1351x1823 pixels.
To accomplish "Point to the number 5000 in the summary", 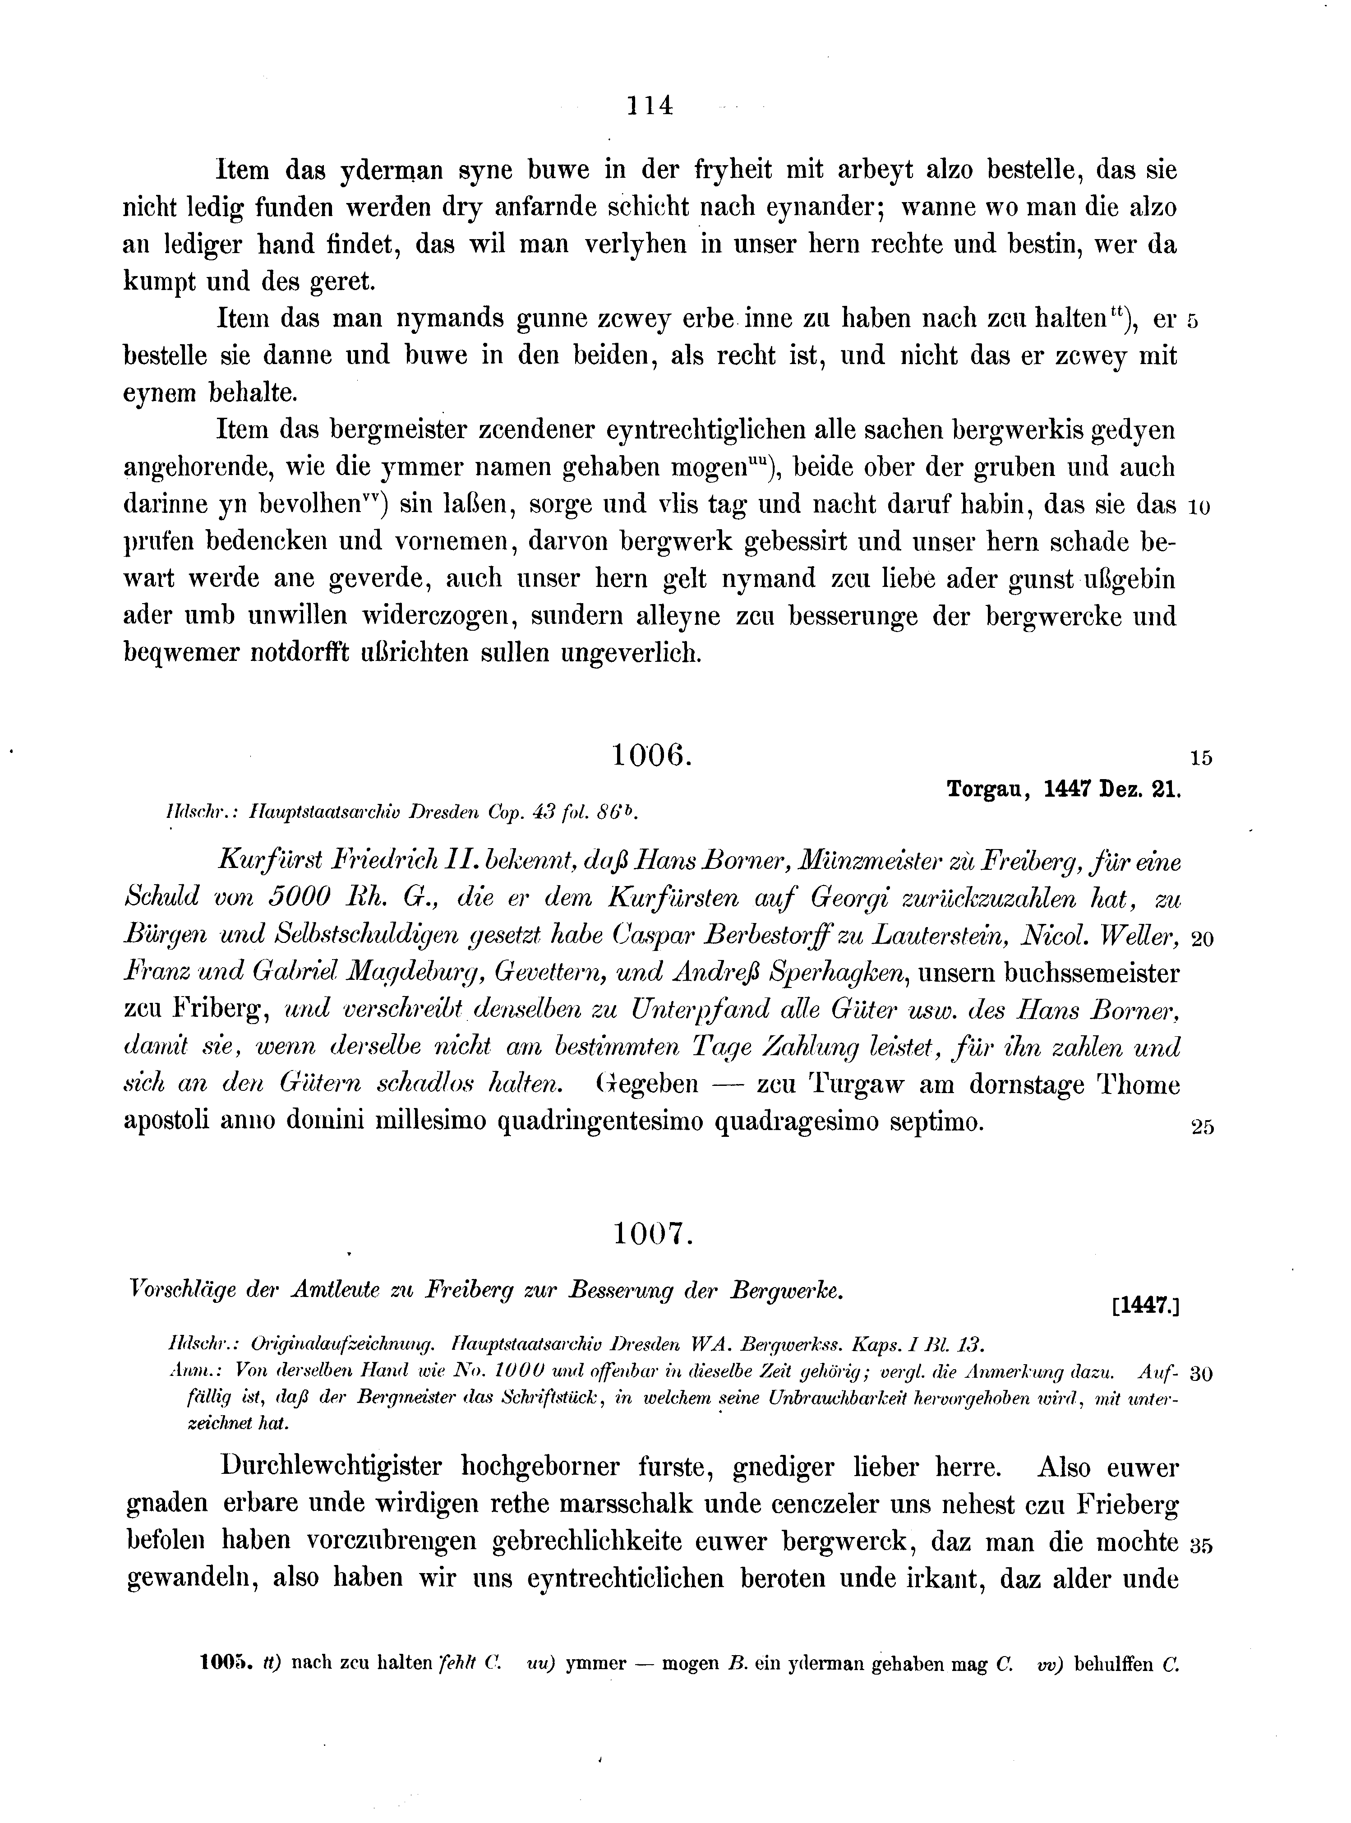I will [x=300, y=898].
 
